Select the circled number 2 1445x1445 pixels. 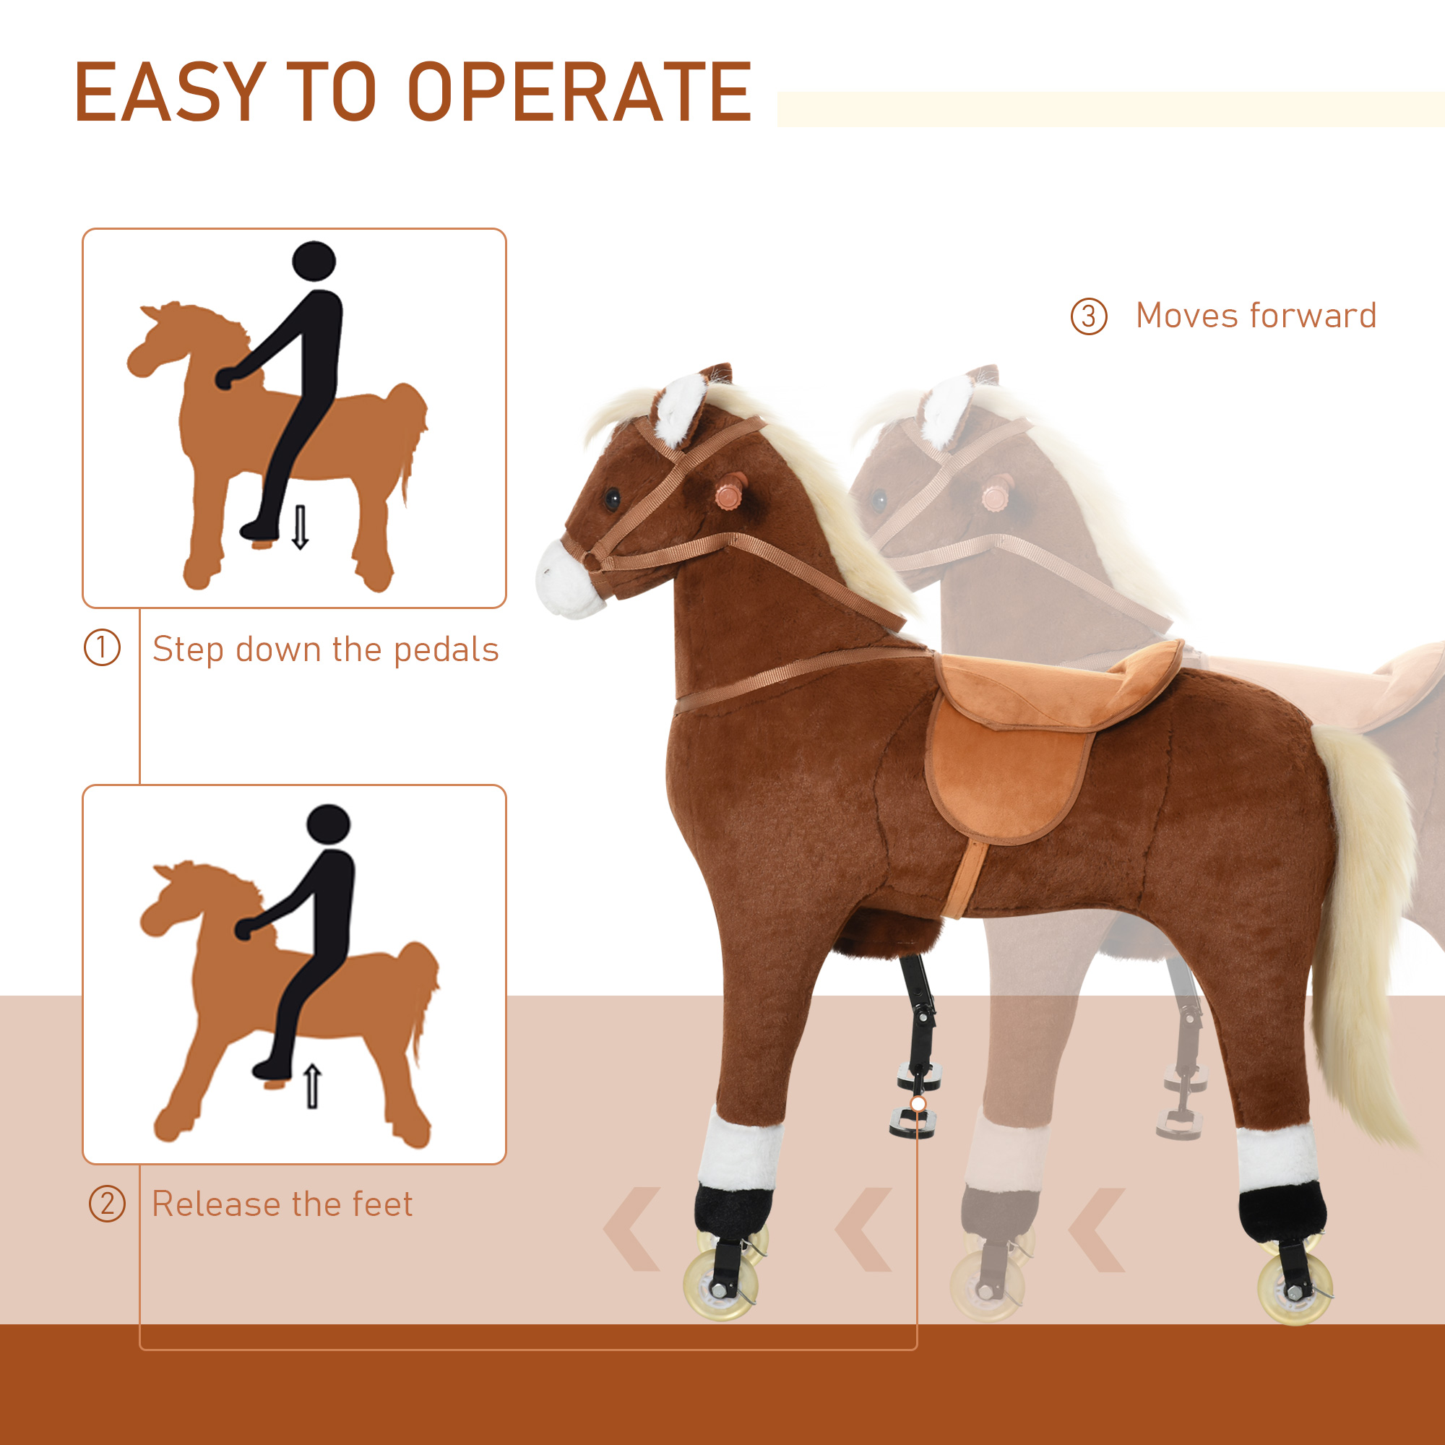tap(107, 1204)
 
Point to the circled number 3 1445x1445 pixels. tap(1089, 316)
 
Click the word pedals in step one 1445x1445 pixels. tap(446, 650)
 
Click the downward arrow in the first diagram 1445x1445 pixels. tap(300, 527)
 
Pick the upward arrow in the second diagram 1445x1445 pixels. tap(313, 1087)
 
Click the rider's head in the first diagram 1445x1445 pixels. tap(314, 262)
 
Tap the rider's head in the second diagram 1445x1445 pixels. tap(328, 826)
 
